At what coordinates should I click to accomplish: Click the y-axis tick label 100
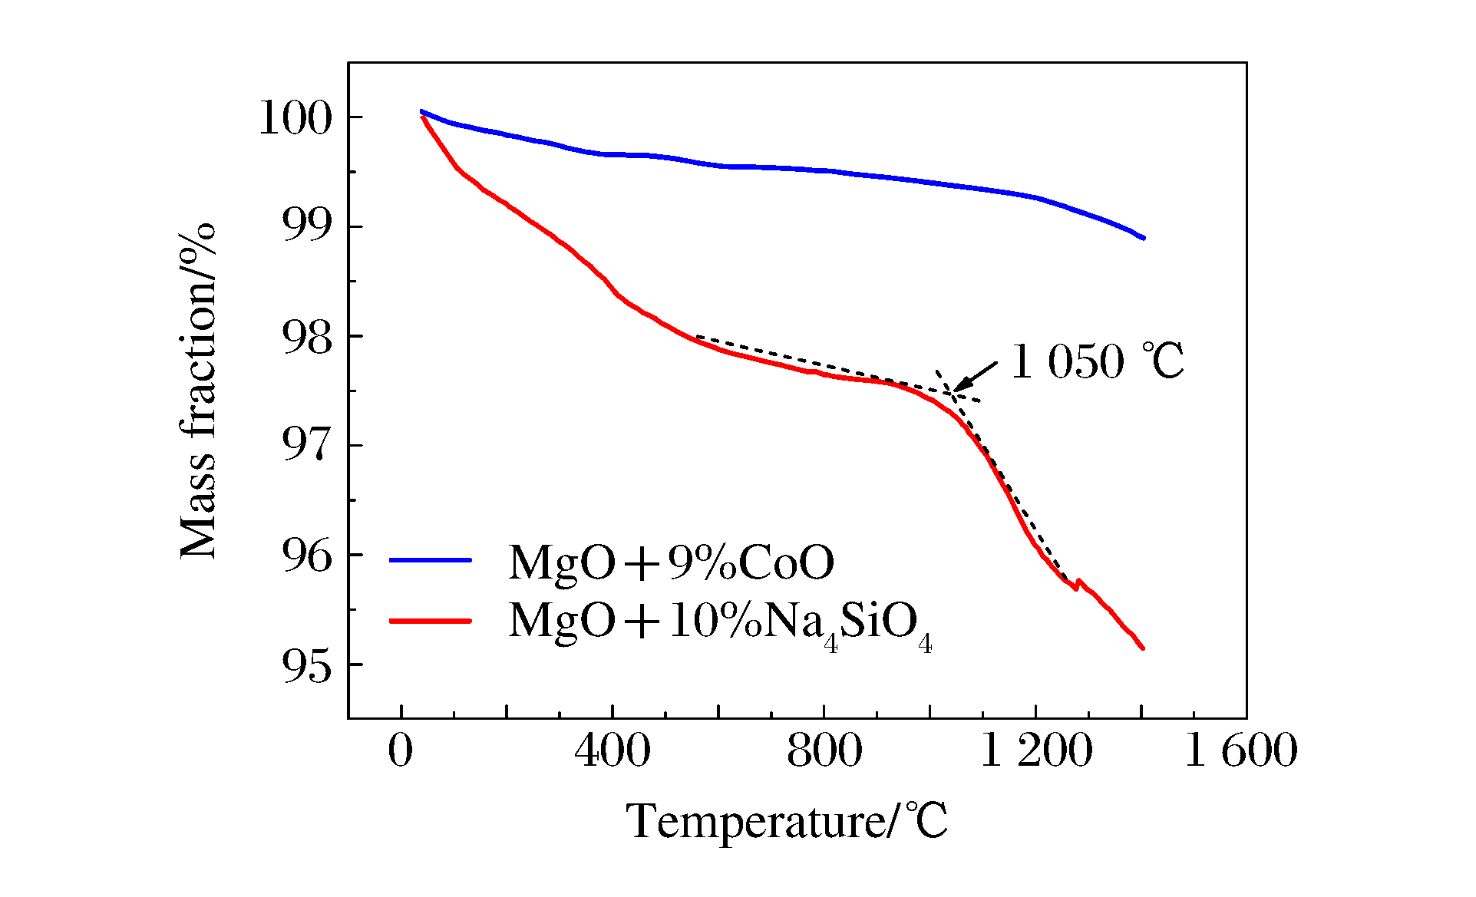[296, 119]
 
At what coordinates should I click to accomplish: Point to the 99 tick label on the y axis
[308, 226]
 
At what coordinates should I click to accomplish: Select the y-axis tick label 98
[308, 337]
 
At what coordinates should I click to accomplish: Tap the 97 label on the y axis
[308, 446]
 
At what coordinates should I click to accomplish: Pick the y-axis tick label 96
[308, 556]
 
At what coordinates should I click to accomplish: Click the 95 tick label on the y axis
[308, 665]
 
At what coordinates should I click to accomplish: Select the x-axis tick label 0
[401, 750]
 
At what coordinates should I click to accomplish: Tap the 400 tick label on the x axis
[612, 750]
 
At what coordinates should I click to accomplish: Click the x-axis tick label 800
[824, 750]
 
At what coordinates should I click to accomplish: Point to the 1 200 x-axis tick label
[1036, 750]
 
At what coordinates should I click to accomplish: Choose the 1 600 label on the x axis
[1241, 750]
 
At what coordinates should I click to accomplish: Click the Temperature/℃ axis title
[788, 821]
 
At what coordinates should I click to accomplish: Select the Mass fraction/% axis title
[198, 391]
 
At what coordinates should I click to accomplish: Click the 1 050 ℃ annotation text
[1097, 361]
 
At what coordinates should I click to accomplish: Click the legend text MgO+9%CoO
[671, 562]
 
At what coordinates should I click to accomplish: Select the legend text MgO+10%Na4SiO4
[719, 622]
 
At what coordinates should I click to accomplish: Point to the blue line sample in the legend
[430, 560]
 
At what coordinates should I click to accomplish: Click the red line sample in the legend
[430, 620]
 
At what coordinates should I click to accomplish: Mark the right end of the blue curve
[1143, 238]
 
